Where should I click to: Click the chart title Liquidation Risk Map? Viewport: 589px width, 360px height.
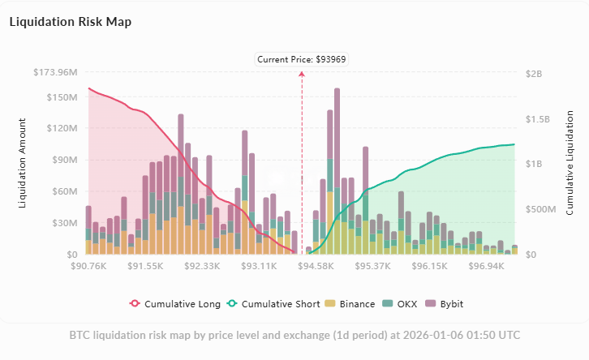(x=70, y=22)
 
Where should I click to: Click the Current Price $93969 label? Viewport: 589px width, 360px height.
(x=303, y=59)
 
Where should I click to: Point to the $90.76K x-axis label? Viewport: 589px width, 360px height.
(x=89, y=265)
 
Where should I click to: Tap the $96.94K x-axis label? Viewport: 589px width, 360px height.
(x=488, y=265)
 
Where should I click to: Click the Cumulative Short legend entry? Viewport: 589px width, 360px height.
(x=272, y=304)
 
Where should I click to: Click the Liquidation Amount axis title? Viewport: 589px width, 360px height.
(x=23, y=163)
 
